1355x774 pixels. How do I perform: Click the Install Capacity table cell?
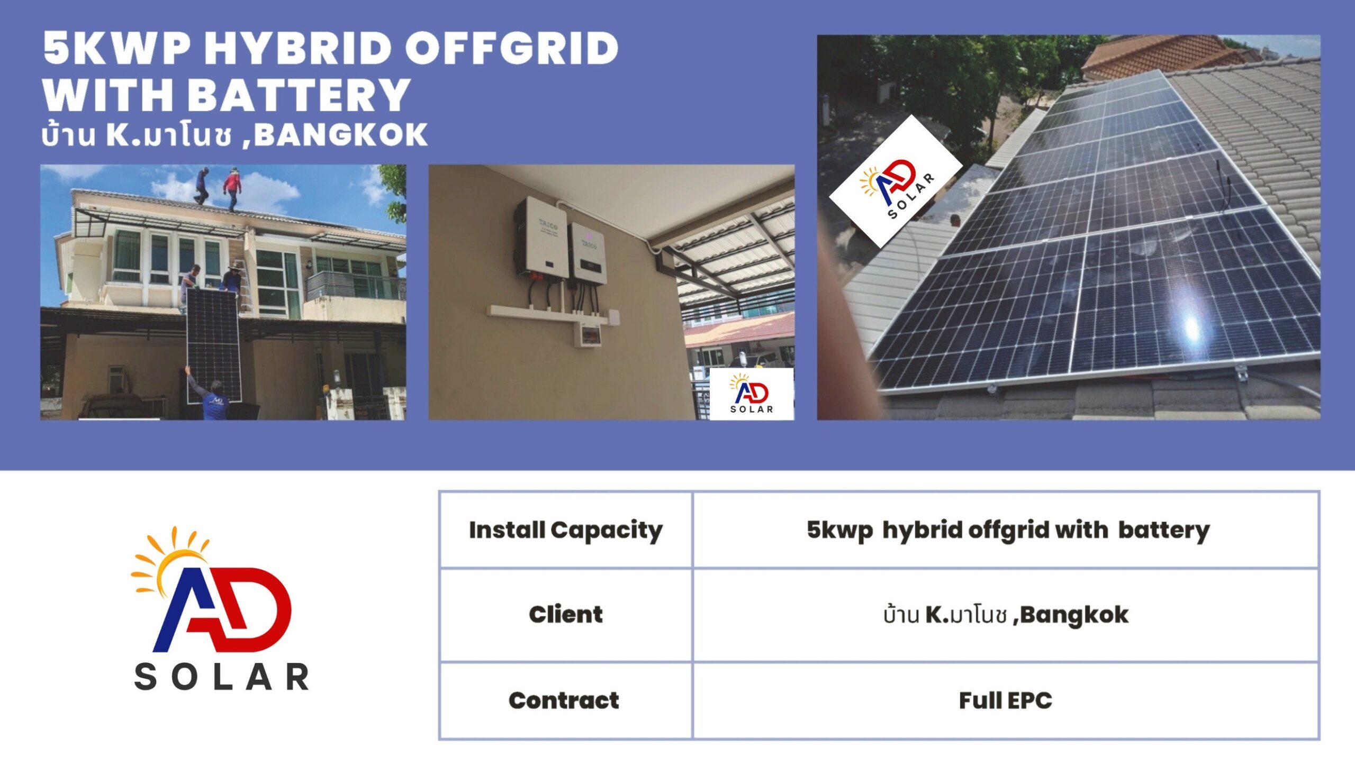point(566,530)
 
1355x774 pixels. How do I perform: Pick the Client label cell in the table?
point(566,615)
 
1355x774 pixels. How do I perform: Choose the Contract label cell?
point(566,700)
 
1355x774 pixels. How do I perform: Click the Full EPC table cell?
point(1006,700)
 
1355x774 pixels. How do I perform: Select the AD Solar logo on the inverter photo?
point(752,394)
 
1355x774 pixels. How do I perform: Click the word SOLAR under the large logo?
point(222,677)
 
